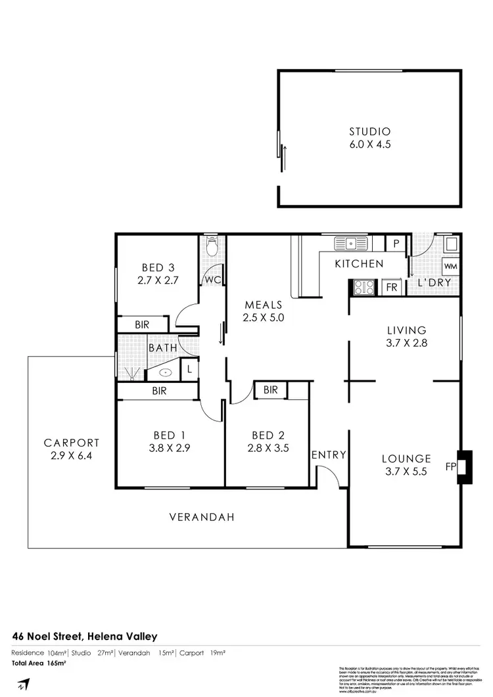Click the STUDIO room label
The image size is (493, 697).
(x=370, y=131)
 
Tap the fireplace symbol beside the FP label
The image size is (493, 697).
(x=465, y=467)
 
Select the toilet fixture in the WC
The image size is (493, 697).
(x=212, y=248)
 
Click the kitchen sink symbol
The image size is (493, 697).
(x=352, y=243)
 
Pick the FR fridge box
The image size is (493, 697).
(x=391, y=287)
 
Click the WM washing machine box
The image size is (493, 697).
(x=450, y=266)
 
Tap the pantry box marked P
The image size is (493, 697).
(x=396, y=243)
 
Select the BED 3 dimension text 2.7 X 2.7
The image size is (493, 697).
(x=158, y=279)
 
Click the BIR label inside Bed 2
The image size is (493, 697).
(x=270, y=390)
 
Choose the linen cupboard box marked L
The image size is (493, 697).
(x=189, y=369)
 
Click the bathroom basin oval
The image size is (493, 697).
(x=165, y=372)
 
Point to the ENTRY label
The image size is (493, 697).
(x=329, y=455)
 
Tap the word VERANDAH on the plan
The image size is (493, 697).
(x=202, y=517)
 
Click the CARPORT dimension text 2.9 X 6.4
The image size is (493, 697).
(x=72, y=455)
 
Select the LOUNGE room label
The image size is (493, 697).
(x=406, y=459)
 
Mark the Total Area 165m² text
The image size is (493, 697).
(x=39, y=663)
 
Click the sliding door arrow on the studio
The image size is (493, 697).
(x=285, y=156)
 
